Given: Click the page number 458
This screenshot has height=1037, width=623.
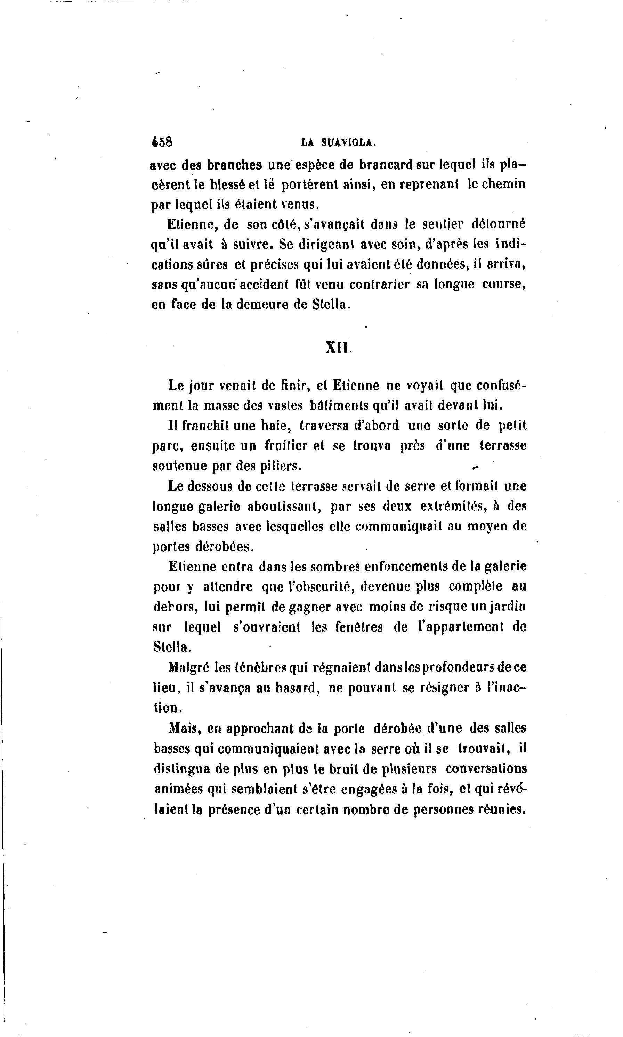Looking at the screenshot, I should (x=162, y=142).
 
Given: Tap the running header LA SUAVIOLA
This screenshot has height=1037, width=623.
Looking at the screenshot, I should (x=338, y=143).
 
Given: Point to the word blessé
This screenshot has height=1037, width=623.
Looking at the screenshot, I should (x=228, y=184).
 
